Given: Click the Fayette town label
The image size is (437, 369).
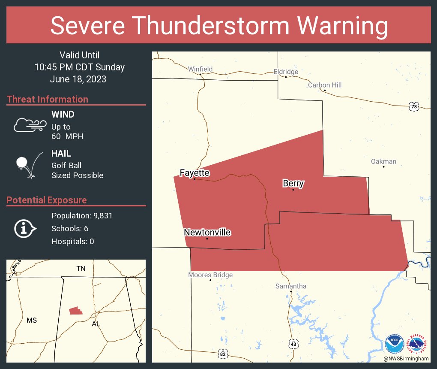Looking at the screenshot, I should click(195, 173).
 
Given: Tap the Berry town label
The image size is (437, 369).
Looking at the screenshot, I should click(293, 184).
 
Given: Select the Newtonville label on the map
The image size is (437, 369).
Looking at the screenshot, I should click(207, 233).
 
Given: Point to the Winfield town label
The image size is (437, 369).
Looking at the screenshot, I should click(200, 69).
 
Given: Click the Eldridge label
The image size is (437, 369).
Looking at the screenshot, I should click(286, 72).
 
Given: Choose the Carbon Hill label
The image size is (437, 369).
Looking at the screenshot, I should click(324, 85).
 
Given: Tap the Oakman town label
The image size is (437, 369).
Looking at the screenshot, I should click(383, 161).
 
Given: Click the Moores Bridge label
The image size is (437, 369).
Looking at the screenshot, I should click(210, 275).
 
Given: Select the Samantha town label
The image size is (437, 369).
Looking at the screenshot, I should click(290, 286).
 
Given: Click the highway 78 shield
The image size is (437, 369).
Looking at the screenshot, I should click(413, 106).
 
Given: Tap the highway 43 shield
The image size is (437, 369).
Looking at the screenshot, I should click(293, 344).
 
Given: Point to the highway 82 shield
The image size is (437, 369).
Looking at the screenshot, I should click(222, 354).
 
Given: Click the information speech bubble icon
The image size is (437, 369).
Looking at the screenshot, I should click(25, 229).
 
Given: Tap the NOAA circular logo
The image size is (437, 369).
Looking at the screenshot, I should click(394, 344).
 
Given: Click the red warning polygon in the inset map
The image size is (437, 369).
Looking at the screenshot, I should click(76, 310).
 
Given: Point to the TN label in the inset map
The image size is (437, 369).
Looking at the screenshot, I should click(81, 269).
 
